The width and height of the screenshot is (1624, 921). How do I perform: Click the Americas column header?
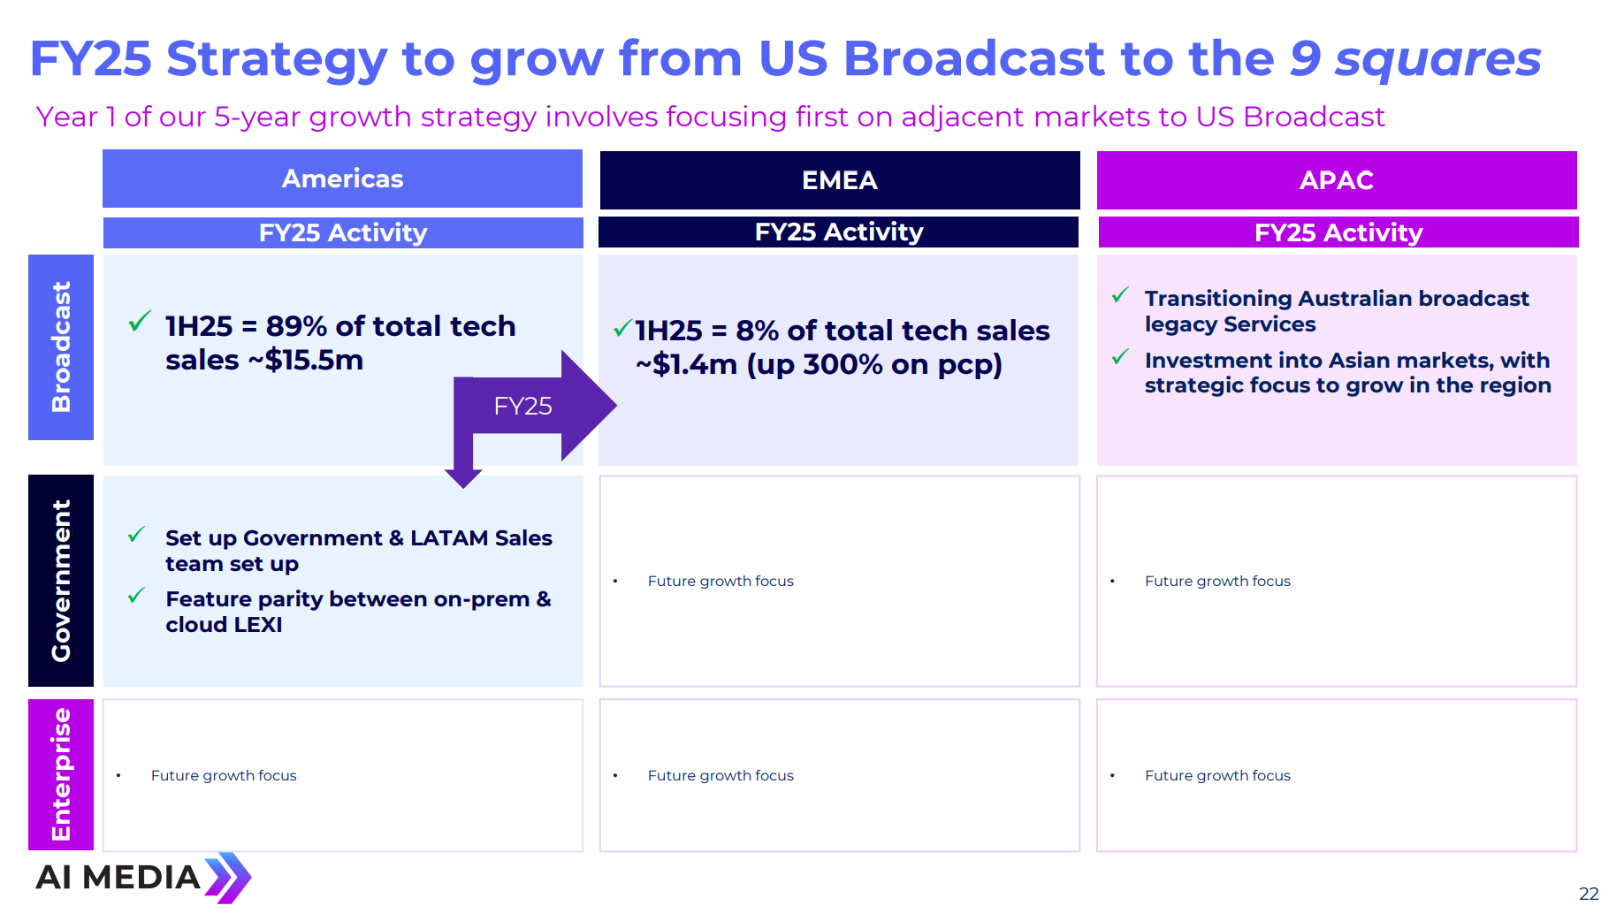[342, 179]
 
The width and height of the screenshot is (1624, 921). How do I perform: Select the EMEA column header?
[839, 180]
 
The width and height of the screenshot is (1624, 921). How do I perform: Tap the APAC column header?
[1336, 180]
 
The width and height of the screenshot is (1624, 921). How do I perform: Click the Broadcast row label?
[61, 347]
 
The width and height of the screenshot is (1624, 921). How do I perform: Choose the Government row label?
[61, 581]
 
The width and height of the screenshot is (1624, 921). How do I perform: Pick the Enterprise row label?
[61, 774]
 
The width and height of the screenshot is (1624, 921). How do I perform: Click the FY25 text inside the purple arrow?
[522, 407]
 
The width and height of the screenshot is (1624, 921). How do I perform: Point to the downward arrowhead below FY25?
[463, 476]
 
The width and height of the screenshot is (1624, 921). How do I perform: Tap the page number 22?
[1589, 894]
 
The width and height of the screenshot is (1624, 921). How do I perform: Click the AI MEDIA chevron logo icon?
[228, 878]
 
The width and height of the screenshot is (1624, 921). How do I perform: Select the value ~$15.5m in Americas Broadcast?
[313, 361]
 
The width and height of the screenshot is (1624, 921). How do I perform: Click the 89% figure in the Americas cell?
[296, 326]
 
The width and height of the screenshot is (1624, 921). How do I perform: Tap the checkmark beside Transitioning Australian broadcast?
[1120, 295]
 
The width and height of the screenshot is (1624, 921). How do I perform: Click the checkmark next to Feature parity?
[136, 596]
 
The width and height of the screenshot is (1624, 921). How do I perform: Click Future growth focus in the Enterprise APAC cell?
[1217, 775]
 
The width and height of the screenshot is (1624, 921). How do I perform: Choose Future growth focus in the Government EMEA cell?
[721, 581]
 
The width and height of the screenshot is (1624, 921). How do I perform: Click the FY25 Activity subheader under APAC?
[1338, 232]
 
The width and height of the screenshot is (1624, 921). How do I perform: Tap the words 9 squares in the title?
[1414, 59]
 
